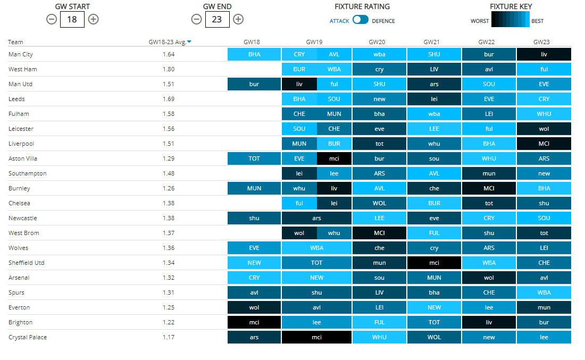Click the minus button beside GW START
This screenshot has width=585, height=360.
tap(51, 19)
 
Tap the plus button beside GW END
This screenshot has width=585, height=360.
tap(238, 19)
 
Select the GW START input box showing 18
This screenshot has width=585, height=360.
tap(72, 19)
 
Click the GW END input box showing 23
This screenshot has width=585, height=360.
tap(217, 19)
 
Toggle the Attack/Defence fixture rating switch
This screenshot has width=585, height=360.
tap(360, 20)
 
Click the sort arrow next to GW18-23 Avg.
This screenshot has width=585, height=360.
tap(189, 42)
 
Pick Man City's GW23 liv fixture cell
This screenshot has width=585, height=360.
tap(544, 54)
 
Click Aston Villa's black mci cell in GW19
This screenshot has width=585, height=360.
tap(334, 158)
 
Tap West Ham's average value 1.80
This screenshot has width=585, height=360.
tap(169, 69)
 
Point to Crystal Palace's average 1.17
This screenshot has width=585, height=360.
tap(169, 337)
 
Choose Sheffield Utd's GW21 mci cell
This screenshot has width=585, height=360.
tap(434, 263)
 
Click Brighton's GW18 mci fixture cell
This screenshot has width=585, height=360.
tap(254, 322)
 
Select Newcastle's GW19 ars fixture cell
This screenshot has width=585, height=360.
tap(316, 218)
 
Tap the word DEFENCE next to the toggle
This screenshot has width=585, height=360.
tap(383, 21)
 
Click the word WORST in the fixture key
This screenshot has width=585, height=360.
tap(479, 21)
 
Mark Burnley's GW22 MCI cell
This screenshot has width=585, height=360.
tap(489, 188)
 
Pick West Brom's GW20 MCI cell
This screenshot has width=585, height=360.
tap(379, 233)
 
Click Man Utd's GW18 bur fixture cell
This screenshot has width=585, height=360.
tap(254, 84)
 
